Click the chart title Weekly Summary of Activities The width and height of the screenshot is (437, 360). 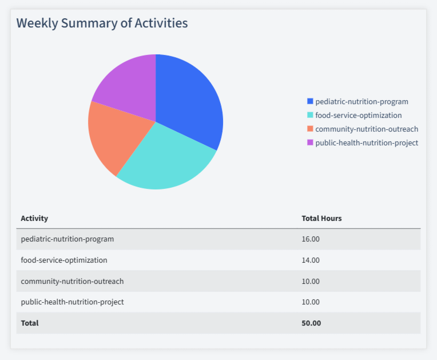pos(102,23)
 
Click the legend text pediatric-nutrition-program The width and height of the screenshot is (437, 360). pos(361,101)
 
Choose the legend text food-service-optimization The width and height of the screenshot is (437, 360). pos(358,115)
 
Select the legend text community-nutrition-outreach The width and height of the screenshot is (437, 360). pos(367,129)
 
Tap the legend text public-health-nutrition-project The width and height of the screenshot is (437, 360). pos(367,143)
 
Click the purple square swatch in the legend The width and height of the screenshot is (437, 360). pos(310,143)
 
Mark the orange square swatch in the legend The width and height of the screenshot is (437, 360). pos(310,129)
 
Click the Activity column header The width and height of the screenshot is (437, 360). pos(34,218)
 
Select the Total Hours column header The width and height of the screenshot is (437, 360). pos(321,218)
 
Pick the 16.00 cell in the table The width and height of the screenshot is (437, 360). pos(311,239)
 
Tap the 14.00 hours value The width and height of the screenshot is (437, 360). pos(311,260)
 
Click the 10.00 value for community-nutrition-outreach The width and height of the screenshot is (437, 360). pos(311,281)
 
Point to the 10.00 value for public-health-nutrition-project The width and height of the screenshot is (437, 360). pos(311,302)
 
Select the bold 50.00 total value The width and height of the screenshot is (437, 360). pos(311,323)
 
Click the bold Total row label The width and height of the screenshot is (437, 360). pos(30,323)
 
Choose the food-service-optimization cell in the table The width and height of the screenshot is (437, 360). pos(64,260)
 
